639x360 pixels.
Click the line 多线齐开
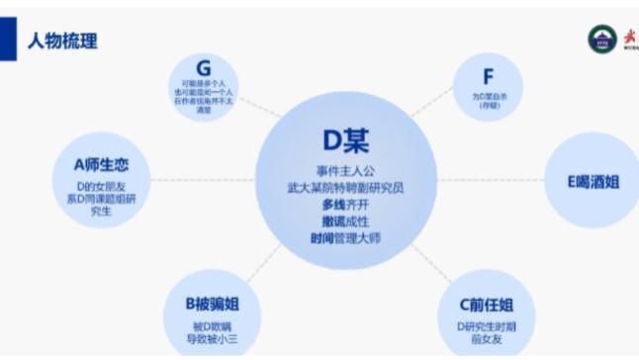[x=345, y=203]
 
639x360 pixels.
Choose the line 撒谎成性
[x=345, y=220]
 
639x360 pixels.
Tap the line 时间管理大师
[x=345, y=237]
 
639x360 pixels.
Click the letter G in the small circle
[x=204, y=68]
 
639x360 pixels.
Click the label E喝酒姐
[x=593, y=181]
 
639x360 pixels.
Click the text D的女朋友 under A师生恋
[x=101, y=185]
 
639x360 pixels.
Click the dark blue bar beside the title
[x=8, y=41]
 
